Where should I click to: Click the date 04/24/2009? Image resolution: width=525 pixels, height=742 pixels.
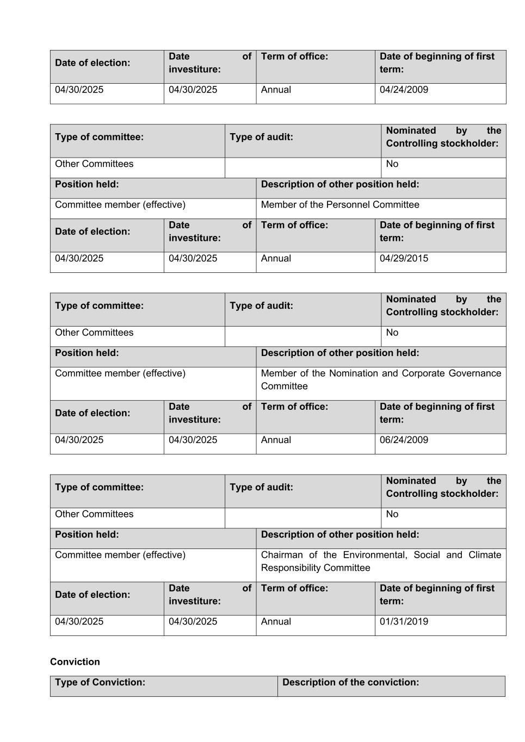click(x=404, y=90)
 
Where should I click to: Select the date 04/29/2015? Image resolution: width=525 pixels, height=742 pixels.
click(x=404, y=258)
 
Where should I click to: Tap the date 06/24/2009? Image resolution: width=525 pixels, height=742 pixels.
click(x=404, y=440)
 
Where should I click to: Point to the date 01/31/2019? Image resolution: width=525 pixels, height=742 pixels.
click(x=404, y=621)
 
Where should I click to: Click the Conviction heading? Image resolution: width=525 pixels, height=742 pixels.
click(x=75, y=662)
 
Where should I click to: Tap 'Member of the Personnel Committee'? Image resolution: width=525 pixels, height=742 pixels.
click(x=340, y=204)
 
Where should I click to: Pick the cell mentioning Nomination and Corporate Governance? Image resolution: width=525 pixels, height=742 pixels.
click(x=381, y=379)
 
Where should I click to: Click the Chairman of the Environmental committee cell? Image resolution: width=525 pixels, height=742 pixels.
click(x=381, y=561)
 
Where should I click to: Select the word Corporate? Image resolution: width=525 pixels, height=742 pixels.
click(x=421, y=373)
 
